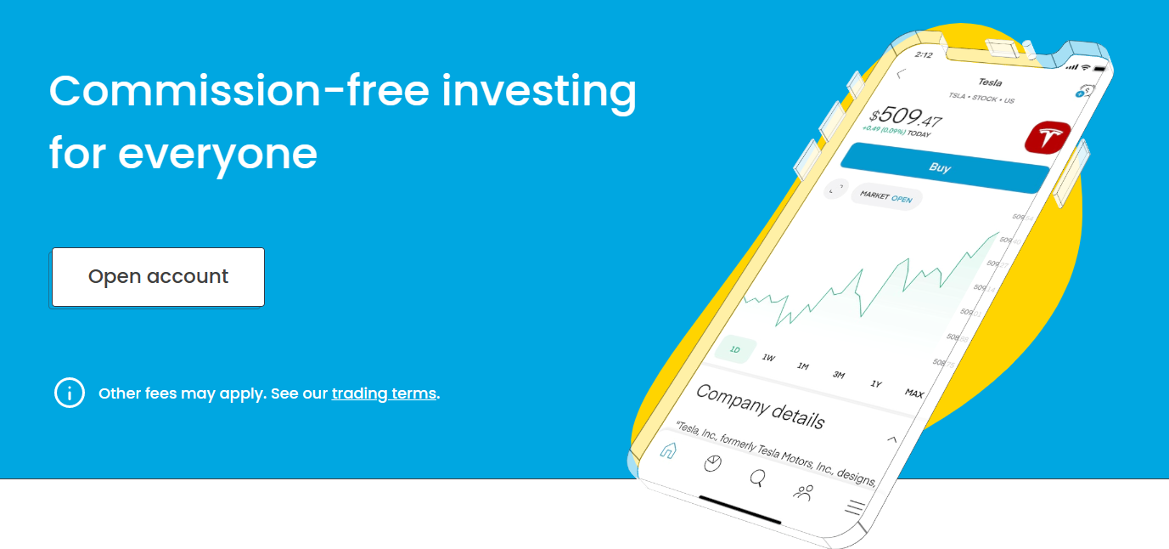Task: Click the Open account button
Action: click(158, 277)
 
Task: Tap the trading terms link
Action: click(384, 393)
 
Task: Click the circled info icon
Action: click(70, 393)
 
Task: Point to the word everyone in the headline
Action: click(217, 154)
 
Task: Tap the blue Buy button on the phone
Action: click(940, 167)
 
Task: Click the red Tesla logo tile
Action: click(1048, 138)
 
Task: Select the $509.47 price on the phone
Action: click(905, 117)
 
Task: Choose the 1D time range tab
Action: click(735, 349)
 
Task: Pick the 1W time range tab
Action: click(768, 358)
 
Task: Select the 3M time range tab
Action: click(839, 375)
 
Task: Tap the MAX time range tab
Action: click(913, 393)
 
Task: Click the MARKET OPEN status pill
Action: click(885, 196)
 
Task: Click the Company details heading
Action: click(760, 406)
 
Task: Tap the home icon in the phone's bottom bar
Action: click(668, 450)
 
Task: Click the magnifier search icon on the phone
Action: click(756, 478)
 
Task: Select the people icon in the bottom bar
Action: click(803, 491)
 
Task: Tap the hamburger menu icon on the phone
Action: click(854, 507)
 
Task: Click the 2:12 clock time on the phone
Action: click(924, 55)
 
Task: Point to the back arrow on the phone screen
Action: click(902, 74)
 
